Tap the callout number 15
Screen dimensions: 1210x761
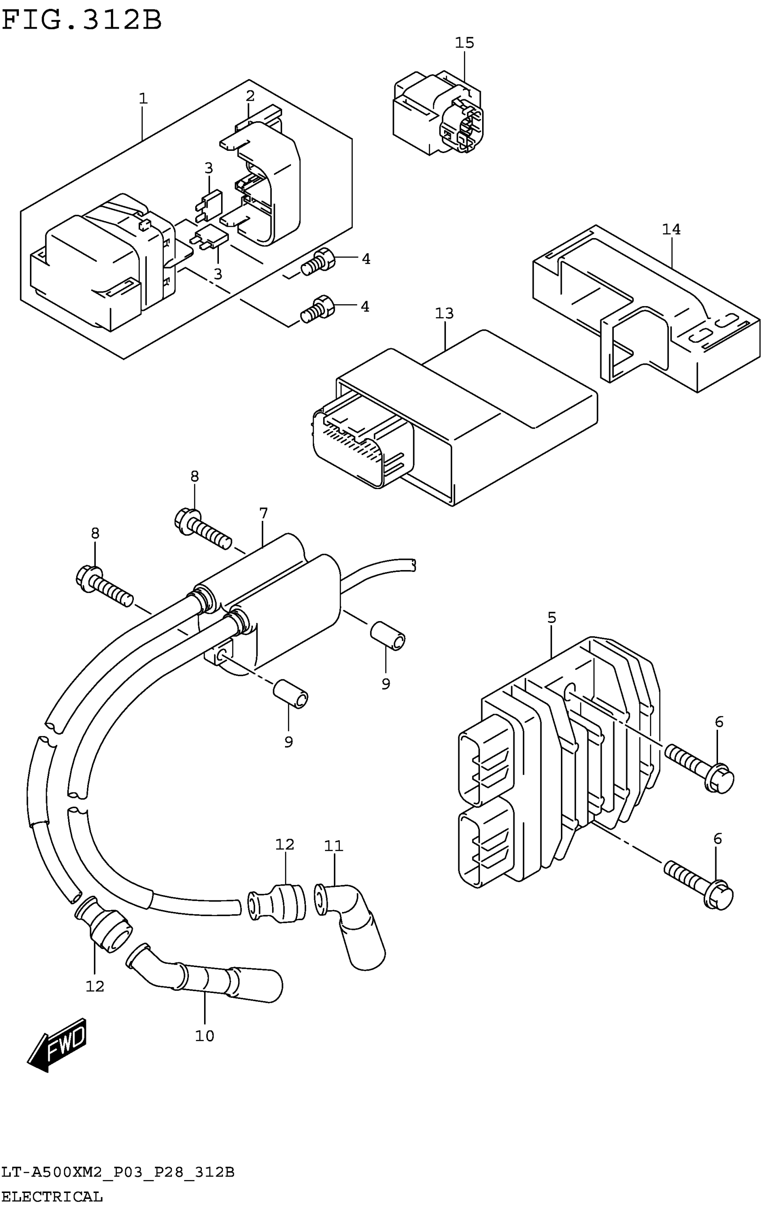(x=464, y=43)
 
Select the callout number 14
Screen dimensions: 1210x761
(x=671, y=229)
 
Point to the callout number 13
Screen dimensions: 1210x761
(x=444, y=314)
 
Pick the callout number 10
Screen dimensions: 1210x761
(x=205, y=1035)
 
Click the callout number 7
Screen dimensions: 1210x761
(x=263, y=513)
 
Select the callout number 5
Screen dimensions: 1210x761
(x=552, y=618)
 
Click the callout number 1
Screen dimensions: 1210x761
(x=143, y=98)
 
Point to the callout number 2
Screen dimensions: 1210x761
(x=250, y=95)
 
